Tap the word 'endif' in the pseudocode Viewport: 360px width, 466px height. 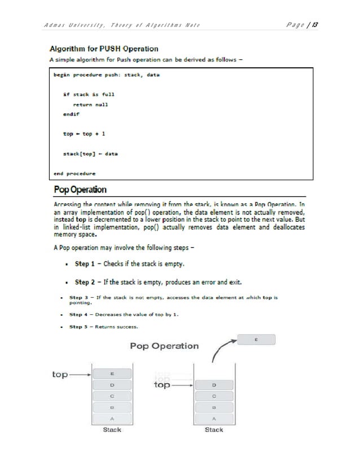(x=71, y=113)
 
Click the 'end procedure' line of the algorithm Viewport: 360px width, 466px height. (x=74, y=173)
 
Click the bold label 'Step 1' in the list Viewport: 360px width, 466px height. (x=90, y=263)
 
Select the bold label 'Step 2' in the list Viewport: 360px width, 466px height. (x=90, y=282)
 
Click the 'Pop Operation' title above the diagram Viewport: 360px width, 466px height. (x=164, y=346)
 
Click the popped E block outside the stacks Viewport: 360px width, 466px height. (x=257, y=340)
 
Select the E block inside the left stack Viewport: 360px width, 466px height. (x=113, y=373)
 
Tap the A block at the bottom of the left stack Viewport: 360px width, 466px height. (x=113, y=418)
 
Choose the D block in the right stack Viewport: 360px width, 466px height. (x=214, y=385)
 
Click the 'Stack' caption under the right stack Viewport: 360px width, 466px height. (x=214, y=429)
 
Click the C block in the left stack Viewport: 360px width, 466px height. (x=113, y=396)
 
